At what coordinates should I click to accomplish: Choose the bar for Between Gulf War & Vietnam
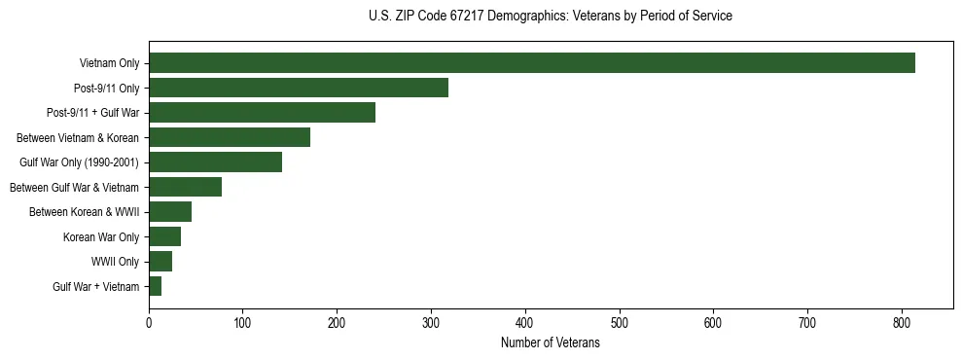tap(185, 187)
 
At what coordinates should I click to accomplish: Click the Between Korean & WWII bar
tap(170, 212)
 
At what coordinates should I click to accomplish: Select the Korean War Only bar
tap(164, 236)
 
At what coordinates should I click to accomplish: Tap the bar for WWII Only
tap(160, 262)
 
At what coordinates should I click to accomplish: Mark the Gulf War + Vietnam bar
tap(156, 286)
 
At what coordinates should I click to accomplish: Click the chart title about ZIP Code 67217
tap(551, 17)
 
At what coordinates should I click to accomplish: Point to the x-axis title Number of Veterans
tap(551, 343)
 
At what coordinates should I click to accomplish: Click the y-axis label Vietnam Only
tap(109, 64)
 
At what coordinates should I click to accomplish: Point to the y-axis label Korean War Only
tap(101, 237)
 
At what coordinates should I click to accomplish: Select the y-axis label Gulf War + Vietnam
tap(95, 287)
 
